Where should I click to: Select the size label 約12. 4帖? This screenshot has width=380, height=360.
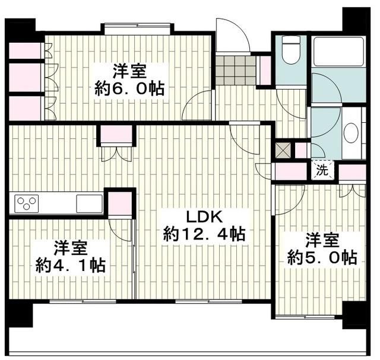click(x=204, y=234)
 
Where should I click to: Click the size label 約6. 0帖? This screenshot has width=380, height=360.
click(x=130, y=88)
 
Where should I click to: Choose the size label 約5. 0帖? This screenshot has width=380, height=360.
click(x=322, y=257)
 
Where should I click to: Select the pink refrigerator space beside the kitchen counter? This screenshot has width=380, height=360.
click(x=119, y=204)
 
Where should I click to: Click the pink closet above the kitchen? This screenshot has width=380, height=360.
click(x=115, y=136)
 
